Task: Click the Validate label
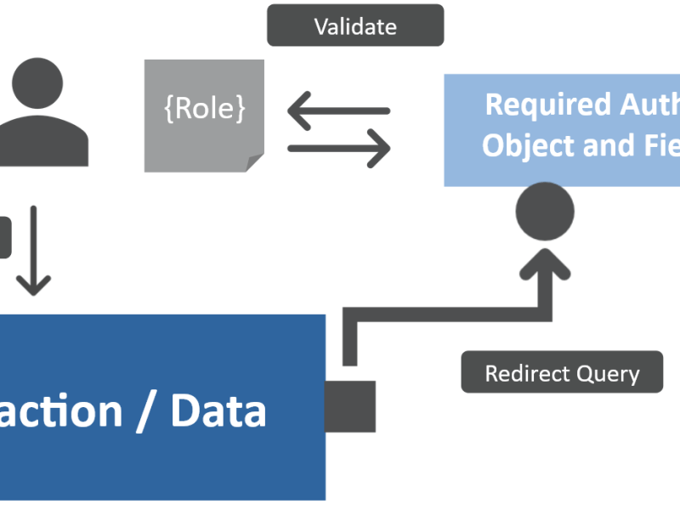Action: point(355,26)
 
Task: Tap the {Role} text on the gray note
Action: point(204,109)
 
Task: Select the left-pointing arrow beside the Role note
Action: point(338,111)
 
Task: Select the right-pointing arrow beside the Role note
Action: point(338,149)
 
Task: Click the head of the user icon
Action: point(37,82)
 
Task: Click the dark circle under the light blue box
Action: point(545,211)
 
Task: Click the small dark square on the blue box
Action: point(350,406)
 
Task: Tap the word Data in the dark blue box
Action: point(218,411)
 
